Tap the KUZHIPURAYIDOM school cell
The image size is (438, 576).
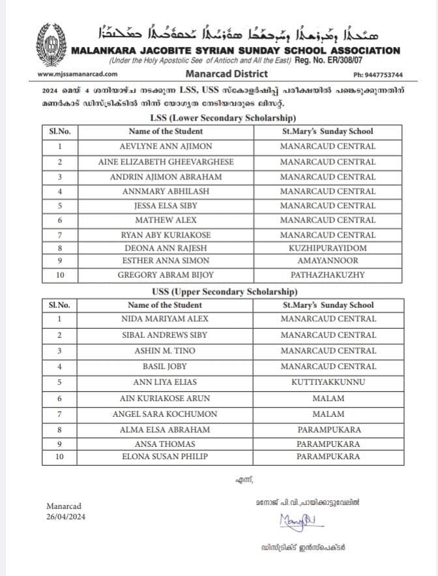click(328, 248)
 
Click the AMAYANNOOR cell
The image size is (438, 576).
click(328, 262)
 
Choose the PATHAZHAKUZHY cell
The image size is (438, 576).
click(328, 275)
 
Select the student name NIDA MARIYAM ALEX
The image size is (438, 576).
click(165, 319)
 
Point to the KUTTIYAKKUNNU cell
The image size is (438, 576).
click(328, 382)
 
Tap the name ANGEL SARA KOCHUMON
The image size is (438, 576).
click(165, 414)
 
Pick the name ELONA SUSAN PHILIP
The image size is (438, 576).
click(165, 457)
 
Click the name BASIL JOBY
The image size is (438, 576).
click(165, 367)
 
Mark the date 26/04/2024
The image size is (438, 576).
click(66, 517)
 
